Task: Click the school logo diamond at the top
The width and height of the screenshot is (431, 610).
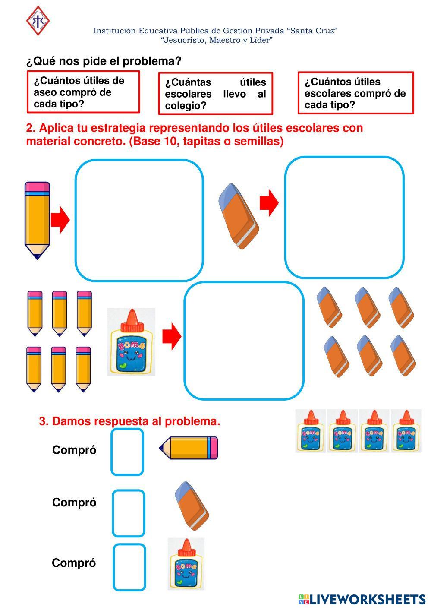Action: [38, 20]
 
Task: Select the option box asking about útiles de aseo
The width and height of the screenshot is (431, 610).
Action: [83, 92]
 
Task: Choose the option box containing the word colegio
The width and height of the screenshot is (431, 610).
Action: [215, 94]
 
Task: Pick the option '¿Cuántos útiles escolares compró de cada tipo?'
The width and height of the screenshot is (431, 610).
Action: [355, 93]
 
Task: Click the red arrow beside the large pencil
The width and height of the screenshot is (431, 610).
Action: [60, 220]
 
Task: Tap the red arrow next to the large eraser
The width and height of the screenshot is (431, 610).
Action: [269, 202]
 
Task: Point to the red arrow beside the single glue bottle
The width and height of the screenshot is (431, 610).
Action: [172, 336]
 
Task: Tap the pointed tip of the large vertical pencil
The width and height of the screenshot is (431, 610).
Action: [37, 254]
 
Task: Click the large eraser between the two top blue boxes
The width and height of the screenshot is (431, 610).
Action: [239, 216]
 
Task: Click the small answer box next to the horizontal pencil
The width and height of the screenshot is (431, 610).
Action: [127, 452]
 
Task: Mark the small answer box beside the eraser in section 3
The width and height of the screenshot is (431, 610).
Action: [129, 513]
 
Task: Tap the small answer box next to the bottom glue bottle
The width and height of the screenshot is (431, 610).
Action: [129, 567]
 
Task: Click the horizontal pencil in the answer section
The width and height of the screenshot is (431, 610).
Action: [189, 448]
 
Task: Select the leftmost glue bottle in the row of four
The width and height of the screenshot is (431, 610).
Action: [311, 431]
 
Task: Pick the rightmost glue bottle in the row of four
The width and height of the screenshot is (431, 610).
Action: [406, 431]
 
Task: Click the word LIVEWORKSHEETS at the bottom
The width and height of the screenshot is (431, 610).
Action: [368, 599]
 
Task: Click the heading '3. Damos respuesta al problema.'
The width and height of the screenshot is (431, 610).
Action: [129, 421]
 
